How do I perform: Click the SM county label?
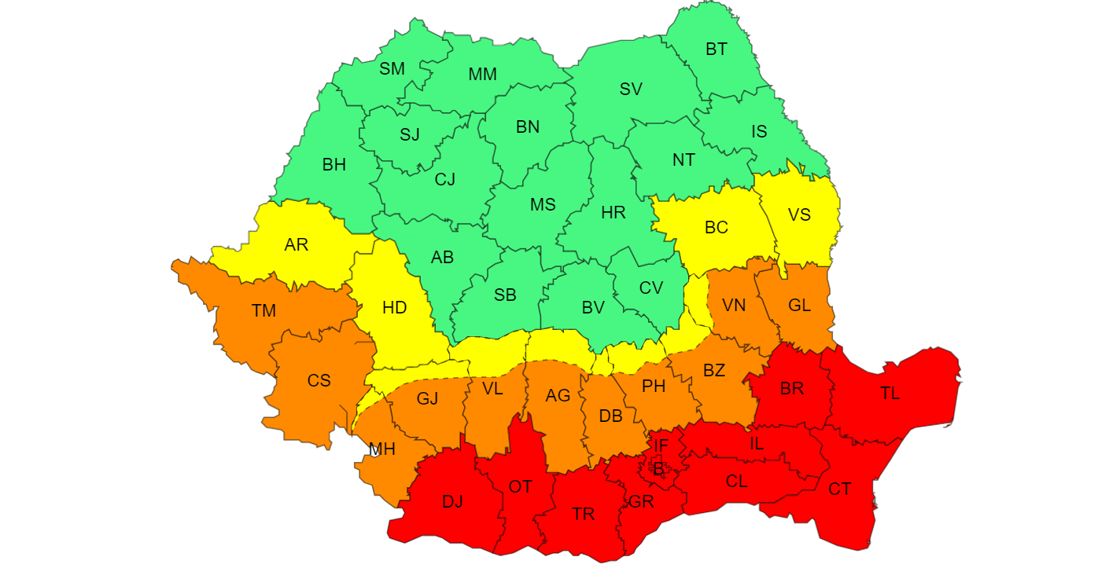click(x=392, y=69)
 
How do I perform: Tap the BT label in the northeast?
click(x=716, y=49)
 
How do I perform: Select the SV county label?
click(x=631, y=90)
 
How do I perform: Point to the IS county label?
click(x=759, y=132)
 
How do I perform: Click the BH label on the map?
click(x=333, y=165)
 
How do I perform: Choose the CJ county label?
click(x=445, y=180)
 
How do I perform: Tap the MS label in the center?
click(x=543, y=205)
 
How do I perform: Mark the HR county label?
click(x=613, y=213)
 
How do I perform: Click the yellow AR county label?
click(x=297, y=245)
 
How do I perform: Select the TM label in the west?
click(x=264, y=311)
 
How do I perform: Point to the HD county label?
click(x=395, y=308)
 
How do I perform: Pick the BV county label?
click(x=593, y=309)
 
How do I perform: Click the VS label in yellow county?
click(x=799, y=214)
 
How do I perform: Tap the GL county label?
click(x=799, y=306)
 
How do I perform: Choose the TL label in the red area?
click(x=890, y=394)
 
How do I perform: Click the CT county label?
click(x=839, y=489)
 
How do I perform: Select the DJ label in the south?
click(x=452, y=501)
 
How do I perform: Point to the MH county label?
click(x=382, y=449)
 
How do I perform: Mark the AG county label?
click(x=558, y=396)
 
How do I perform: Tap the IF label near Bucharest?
click(x=661, y=446)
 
